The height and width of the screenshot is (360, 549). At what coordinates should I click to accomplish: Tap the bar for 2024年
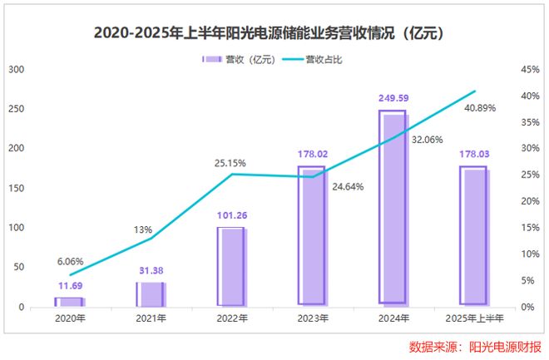393,208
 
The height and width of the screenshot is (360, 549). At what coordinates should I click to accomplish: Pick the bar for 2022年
230,266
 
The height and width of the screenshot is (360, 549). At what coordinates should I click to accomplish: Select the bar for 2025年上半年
474,236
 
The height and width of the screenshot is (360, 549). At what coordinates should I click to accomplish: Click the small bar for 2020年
69,302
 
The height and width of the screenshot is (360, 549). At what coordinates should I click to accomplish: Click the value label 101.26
231,216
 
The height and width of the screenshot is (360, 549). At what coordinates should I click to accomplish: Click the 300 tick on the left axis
15,70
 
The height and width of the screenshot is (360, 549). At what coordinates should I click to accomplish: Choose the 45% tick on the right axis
531,70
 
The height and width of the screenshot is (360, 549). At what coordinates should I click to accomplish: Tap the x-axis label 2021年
150,319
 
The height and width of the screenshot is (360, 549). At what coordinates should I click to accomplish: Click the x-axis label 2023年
312,319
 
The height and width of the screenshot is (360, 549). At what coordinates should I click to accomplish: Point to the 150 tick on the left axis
15,188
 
